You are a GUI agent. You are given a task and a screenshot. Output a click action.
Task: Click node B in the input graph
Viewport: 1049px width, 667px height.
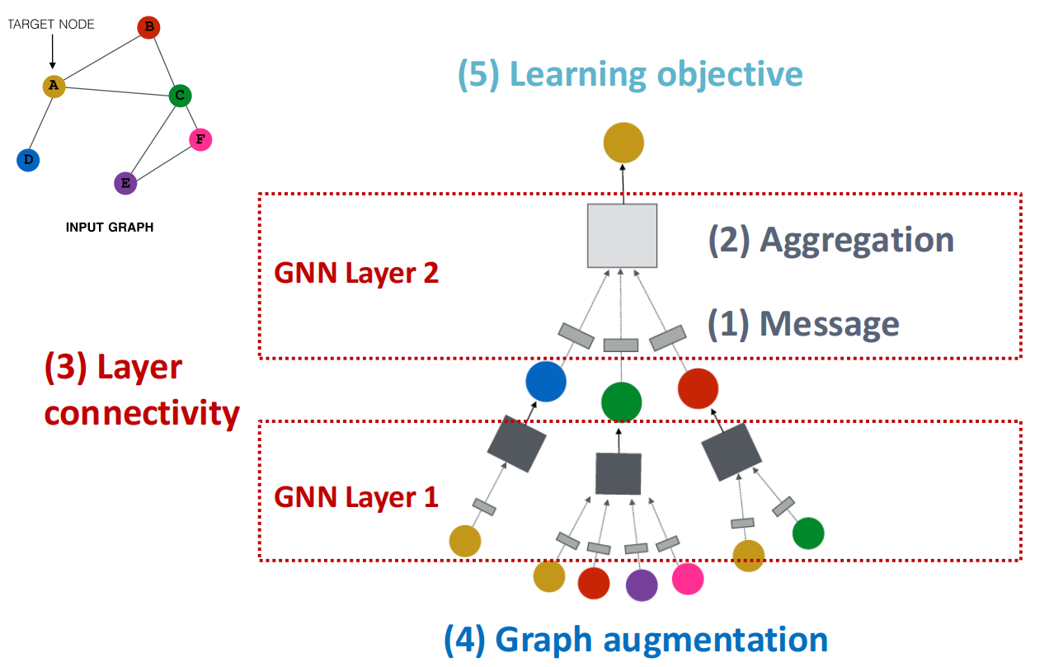tap(148, 27)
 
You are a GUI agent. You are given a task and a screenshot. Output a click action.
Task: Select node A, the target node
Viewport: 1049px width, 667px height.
tap(54, 86)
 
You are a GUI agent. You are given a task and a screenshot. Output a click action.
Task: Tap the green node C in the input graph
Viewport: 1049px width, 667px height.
tap(181, 96)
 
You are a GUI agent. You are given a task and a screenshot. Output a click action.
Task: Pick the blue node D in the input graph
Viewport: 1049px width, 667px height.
tap(28, 160)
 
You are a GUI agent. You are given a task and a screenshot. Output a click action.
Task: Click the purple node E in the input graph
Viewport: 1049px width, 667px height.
tap(125, 183)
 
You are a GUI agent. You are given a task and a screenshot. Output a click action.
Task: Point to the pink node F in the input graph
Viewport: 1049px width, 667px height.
tap(200, 139)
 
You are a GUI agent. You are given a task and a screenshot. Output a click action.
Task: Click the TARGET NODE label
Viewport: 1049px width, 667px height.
tap(51, 25)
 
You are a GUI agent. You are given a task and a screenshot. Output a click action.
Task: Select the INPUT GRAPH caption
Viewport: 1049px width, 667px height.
tap(110, 228)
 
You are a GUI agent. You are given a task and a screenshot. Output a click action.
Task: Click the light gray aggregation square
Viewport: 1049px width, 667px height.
tap(623, 236)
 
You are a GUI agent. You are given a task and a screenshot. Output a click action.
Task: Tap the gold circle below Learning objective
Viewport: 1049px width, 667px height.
tap(623, 143)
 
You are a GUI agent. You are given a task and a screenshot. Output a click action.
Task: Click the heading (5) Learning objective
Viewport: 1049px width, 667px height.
tap(630, 75)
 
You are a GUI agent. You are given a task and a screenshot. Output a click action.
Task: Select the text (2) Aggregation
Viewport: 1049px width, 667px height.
tap(831, 241)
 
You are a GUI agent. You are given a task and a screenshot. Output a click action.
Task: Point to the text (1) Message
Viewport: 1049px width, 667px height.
tap(803, 324)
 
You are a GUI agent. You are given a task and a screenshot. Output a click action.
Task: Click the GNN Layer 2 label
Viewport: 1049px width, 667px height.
tap(356, 274)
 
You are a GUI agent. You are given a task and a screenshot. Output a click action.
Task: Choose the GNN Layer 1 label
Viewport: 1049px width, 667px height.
tap(356, 497)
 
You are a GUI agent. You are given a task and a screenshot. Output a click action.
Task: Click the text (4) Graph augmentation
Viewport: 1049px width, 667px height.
tap(636, 641)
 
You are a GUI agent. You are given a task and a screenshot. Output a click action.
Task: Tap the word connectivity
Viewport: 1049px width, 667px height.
tap(142, 414)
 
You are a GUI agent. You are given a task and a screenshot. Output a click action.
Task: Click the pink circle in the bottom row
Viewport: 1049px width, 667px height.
tap(688, 579)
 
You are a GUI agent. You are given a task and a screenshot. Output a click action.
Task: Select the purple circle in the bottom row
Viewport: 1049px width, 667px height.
tap(642, 585)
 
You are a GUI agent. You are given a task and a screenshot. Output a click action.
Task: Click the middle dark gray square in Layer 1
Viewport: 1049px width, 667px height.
tap(619, 474)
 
